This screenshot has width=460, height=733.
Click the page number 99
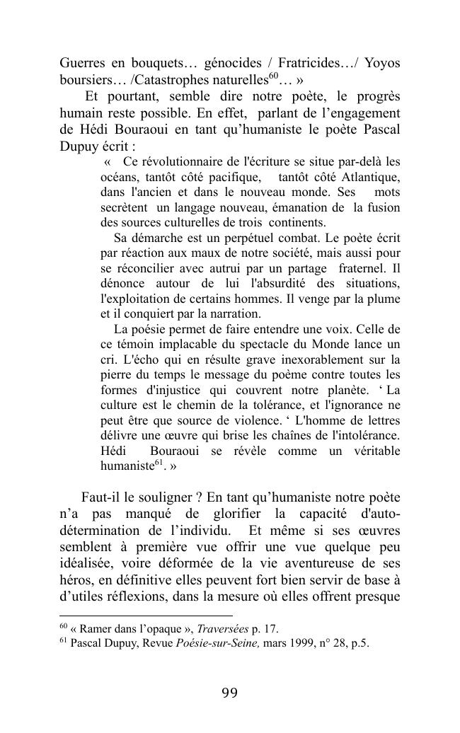tap(229, 693)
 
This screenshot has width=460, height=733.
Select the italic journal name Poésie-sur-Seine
tap(219, 644)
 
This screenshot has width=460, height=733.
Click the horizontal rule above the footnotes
tap(146, 616)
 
